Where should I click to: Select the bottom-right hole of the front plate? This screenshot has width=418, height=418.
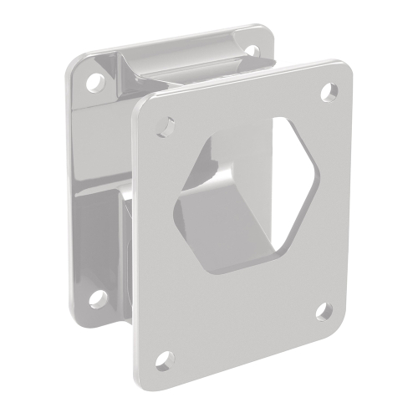coord(324,311)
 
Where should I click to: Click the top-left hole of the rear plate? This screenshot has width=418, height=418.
coord(96,82)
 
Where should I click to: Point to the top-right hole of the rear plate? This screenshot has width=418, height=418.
coord(250,52)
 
